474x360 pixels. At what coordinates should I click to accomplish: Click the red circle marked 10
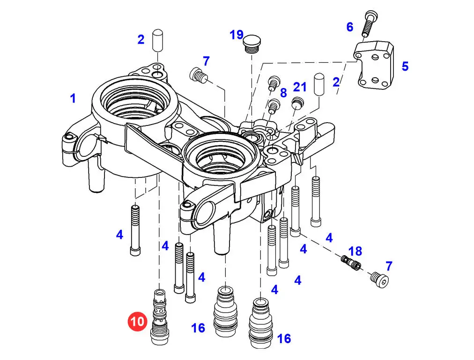point(138,321)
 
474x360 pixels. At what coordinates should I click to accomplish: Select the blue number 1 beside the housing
point(73,98)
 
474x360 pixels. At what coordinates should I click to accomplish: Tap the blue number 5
point(405,66)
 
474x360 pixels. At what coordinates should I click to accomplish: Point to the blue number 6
point(350,27)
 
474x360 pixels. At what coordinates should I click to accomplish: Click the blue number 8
point(283,93)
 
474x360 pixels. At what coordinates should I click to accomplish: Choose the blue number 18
point(355,251)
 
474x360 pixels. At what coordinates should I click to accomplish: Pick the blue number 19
point(237,35)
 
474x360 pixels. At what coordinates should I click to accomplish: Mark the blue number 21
point(300,87)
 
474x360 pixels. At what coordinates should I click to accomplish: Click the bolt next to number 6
point(368,23)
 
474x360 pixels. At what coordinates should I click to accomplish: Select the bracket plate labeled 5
point(374,65)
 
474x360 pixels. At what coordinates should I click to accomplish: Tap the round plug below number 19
point(252,44)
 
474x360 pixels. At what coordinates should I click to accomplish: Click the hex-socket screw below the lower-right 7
point(380,279)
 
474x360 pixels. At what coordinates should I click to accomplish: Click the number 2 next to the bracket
point(336,82)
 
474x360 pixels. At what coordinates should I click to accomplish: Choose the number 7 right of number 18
point(389,266)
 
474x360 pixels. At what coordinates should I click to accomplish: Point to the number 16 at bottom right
point(284,338)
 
